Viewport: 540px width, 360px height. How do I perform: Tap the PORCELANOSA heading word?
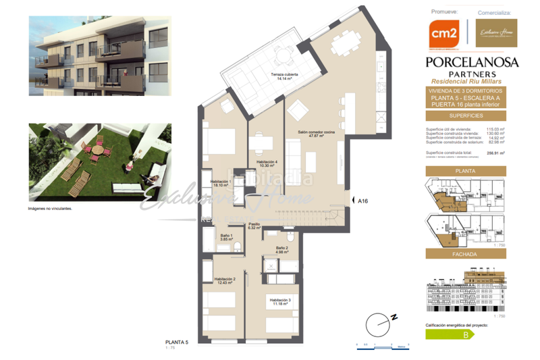(x=472, y=62)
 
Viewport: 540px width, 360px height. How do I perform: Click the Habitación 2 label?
(x=225, y=280)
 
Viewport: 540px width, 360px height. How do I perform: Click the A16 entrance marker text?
(x=362, y=201)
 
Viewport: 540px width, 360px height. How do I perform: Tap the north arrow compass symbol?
(x=378, y=324)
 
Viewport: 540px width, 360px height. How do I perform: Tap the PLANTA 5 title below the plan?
(x=177, y=342)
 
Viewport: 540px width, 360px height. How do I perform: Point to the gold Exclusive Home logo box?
(x=496, y=33)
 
